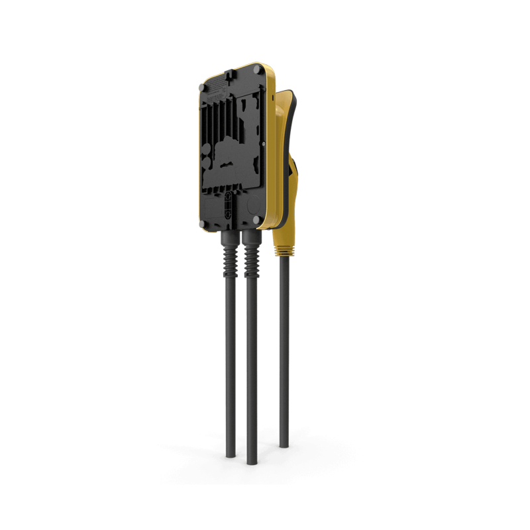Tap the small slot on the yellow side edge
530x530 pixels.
point(272,96)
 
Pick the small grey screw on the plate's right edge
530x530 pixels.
point(262,142)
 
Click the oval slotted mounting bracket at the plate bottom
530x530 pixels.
point(229,201)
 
